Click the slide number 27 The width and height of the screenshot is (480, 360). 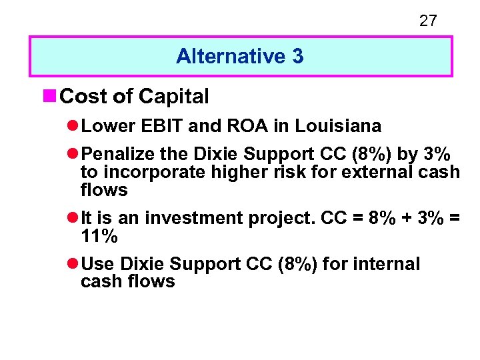428,21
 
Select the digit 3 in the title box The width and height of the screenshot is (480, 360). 297,57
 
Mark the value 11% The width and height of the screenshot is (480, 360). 99,236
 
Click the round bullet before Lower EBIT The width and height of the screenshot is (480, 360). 73,126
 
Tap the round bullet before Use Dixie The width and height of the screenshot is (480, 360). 73,264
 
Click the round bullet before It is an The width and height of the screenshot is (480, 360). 73,218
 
